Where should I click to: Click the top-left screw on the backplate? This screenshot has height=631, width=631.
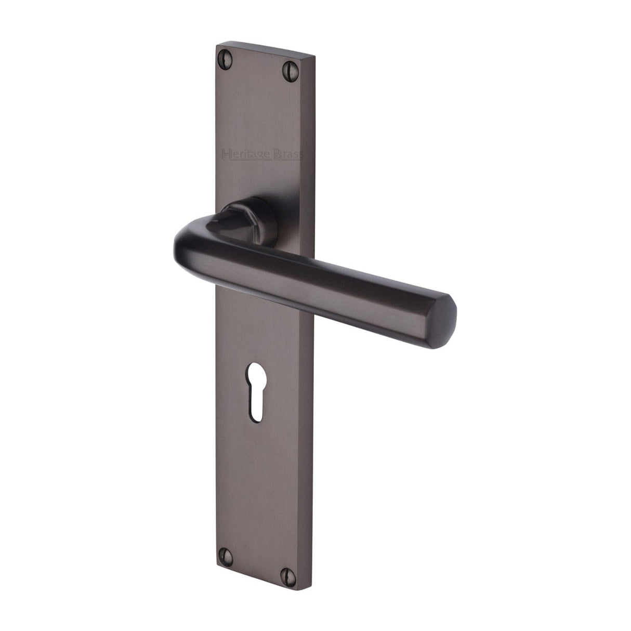pyautogui.click(x=226, y=54)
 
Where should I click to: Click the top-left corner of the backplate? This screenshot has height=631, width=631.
pyautogui.click(x=216, y=46)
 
